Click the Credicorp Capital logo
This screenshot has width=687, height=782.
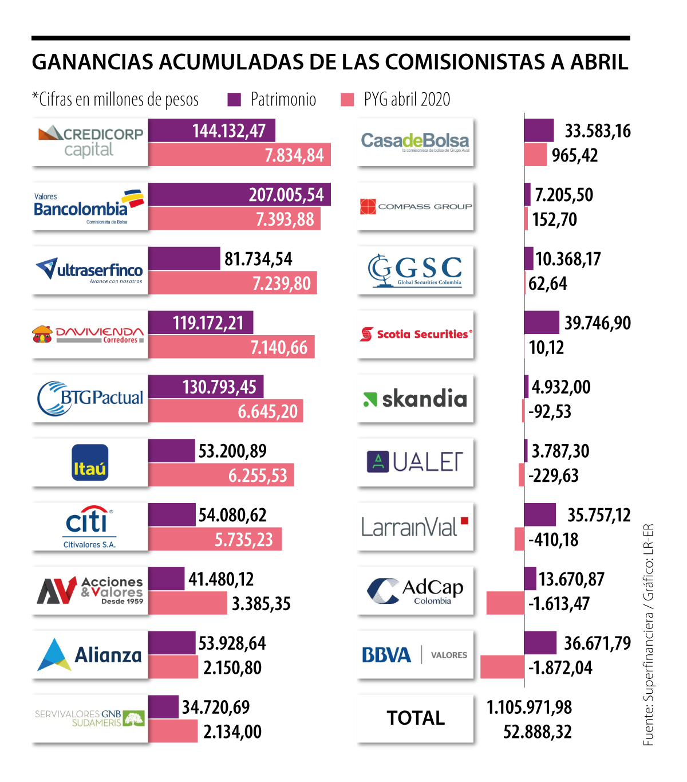coord(90,142)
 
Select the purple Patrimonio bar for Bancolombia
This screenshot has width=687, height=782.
coord(239,195)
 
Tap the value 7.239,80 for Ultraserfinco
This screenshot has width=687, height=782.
coord(282,284)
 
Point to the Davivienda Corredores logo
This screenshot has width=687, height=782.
coord(90,335)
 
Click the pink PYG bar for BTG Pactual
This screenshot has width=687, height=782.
coord(225,411)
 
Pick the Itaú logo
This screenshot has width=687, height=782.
coord(90,462)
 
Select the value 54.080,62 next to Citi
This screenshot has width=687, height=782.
coord(232,515)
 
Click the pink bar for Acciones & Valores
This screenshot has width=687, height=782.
coord(188,603)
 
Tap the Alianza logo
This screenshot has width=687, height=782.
coord(90,655)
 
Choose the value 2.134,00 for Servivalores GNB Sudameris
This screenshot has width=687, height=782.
coord(232,732)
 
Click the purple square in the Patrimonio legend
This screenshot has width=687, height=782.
coord(234,100)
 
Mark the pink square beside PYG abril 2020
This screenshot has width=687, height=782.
coord(347,100)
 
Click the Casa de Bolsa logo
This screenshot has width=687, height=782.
coord(415,142)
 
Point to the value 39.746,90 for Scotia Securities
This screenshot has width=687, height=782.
coord(598,323)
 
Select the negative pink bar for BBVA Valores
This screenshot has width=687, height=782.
coord(502,667)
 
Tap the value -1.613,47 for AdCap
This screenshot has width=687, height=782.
coord(559,604)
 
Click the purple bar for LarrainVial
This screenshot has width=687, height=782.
coord(540,514)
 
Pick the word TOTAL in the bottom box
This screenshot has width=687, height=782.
coord(416,718)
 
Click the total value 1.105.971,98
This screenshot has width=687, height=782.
coord(529,708)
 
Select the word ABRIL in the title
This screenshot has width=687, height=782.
coord(599,62)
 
